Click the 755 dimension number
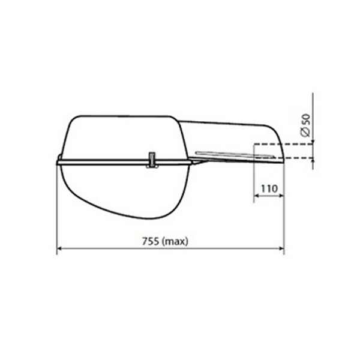pyautogui.click(x=151, y=241)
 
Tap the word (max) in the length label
pyautogui.click(x=175, y=242)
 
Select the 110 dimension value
pyautogui.click(x=269, y=189)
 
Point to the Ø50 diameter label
pyautogui.click(x=306, y=125)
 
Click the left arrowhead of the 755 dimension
pyautogui.click(x=59, y=248)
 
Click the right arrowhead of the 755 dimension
pyautogui.click(x=281, y=248)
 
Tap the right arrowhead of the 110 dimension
pyautogui.click(x=281, y=196)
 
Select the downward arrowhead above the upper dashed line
pyautogui.click(x=313, y=140)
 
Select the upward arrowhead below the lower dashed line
pyautogui.click(x=313, y=161)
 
